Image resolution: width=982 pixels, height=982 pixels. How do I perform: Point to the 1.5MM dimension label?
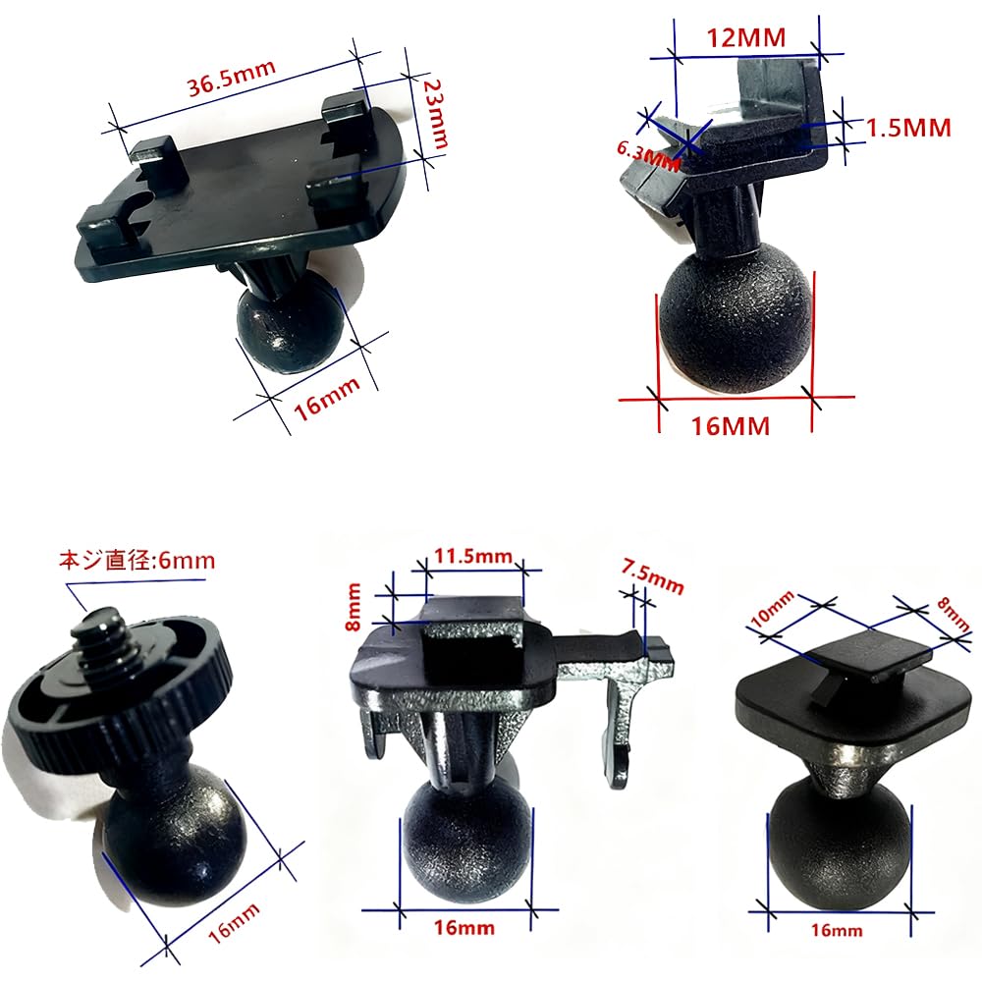(909, 128)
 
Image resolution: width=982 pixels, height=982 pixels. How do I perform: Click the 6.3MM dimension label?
(649, 154)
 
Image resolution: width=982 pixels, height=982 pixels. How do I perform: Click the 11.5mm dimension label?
(473, 557)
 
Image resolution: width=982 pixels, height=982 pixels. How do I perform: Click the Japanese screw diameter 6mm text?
(137, 563)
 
